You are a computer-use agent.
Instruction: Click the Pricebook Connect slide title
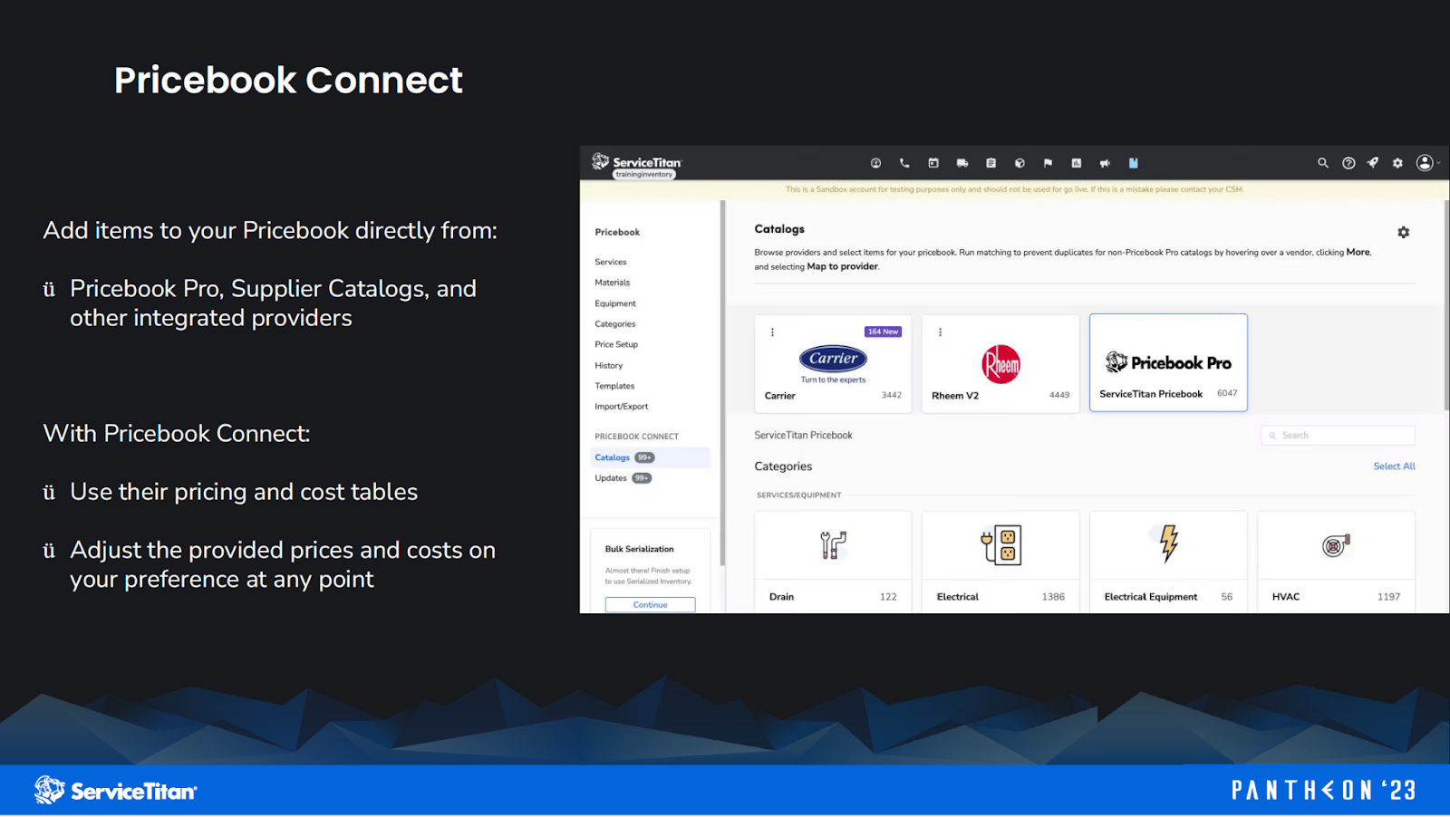click(x=288, y=81)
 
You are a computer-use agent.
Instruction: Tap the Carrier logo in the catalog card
click(x=833, y=359)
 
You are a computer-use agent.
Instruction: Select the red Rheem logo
click(x=1000, y=364)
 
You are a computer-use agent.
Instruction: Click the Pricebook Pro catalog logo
click(x=1168, y=362)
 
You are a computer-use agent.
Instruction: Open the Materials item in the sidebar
click(x=612, y=283)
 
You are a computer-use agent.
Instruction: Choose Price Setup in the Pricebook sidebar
click(x=616, y=344)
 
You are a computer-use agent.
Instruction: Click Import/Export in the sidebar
click(x=621, y=407)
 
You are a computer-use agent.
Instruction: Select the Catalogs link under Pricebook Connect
click(x=612, y=457)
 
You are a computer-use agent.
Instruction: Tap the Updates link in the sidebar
click(x=610, y=478)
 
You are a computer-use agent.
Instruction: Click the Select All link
click(x=1394, y=466)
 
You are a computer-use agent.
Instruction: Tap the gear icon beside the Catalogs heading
click(x=1403, y=233)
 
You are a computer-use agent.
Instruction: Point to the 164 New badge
click(x=883, y=332)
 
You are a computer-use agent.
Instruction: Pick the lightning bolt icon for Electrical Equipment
click(x=1169, y=543)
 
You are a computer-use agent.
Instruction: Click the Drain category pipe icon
click(x=833, y=544)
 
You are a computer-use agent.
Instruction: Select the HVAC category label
click(x=1285, y=597)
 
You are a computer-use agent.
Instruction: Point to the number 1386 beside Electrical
click(x=1053, y=597)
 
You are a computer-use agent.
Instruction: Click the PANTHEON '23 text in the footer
click(x=1323, y=791)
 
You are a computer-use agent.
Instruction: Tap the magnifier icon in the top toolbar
click(x=1322, y=163)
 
